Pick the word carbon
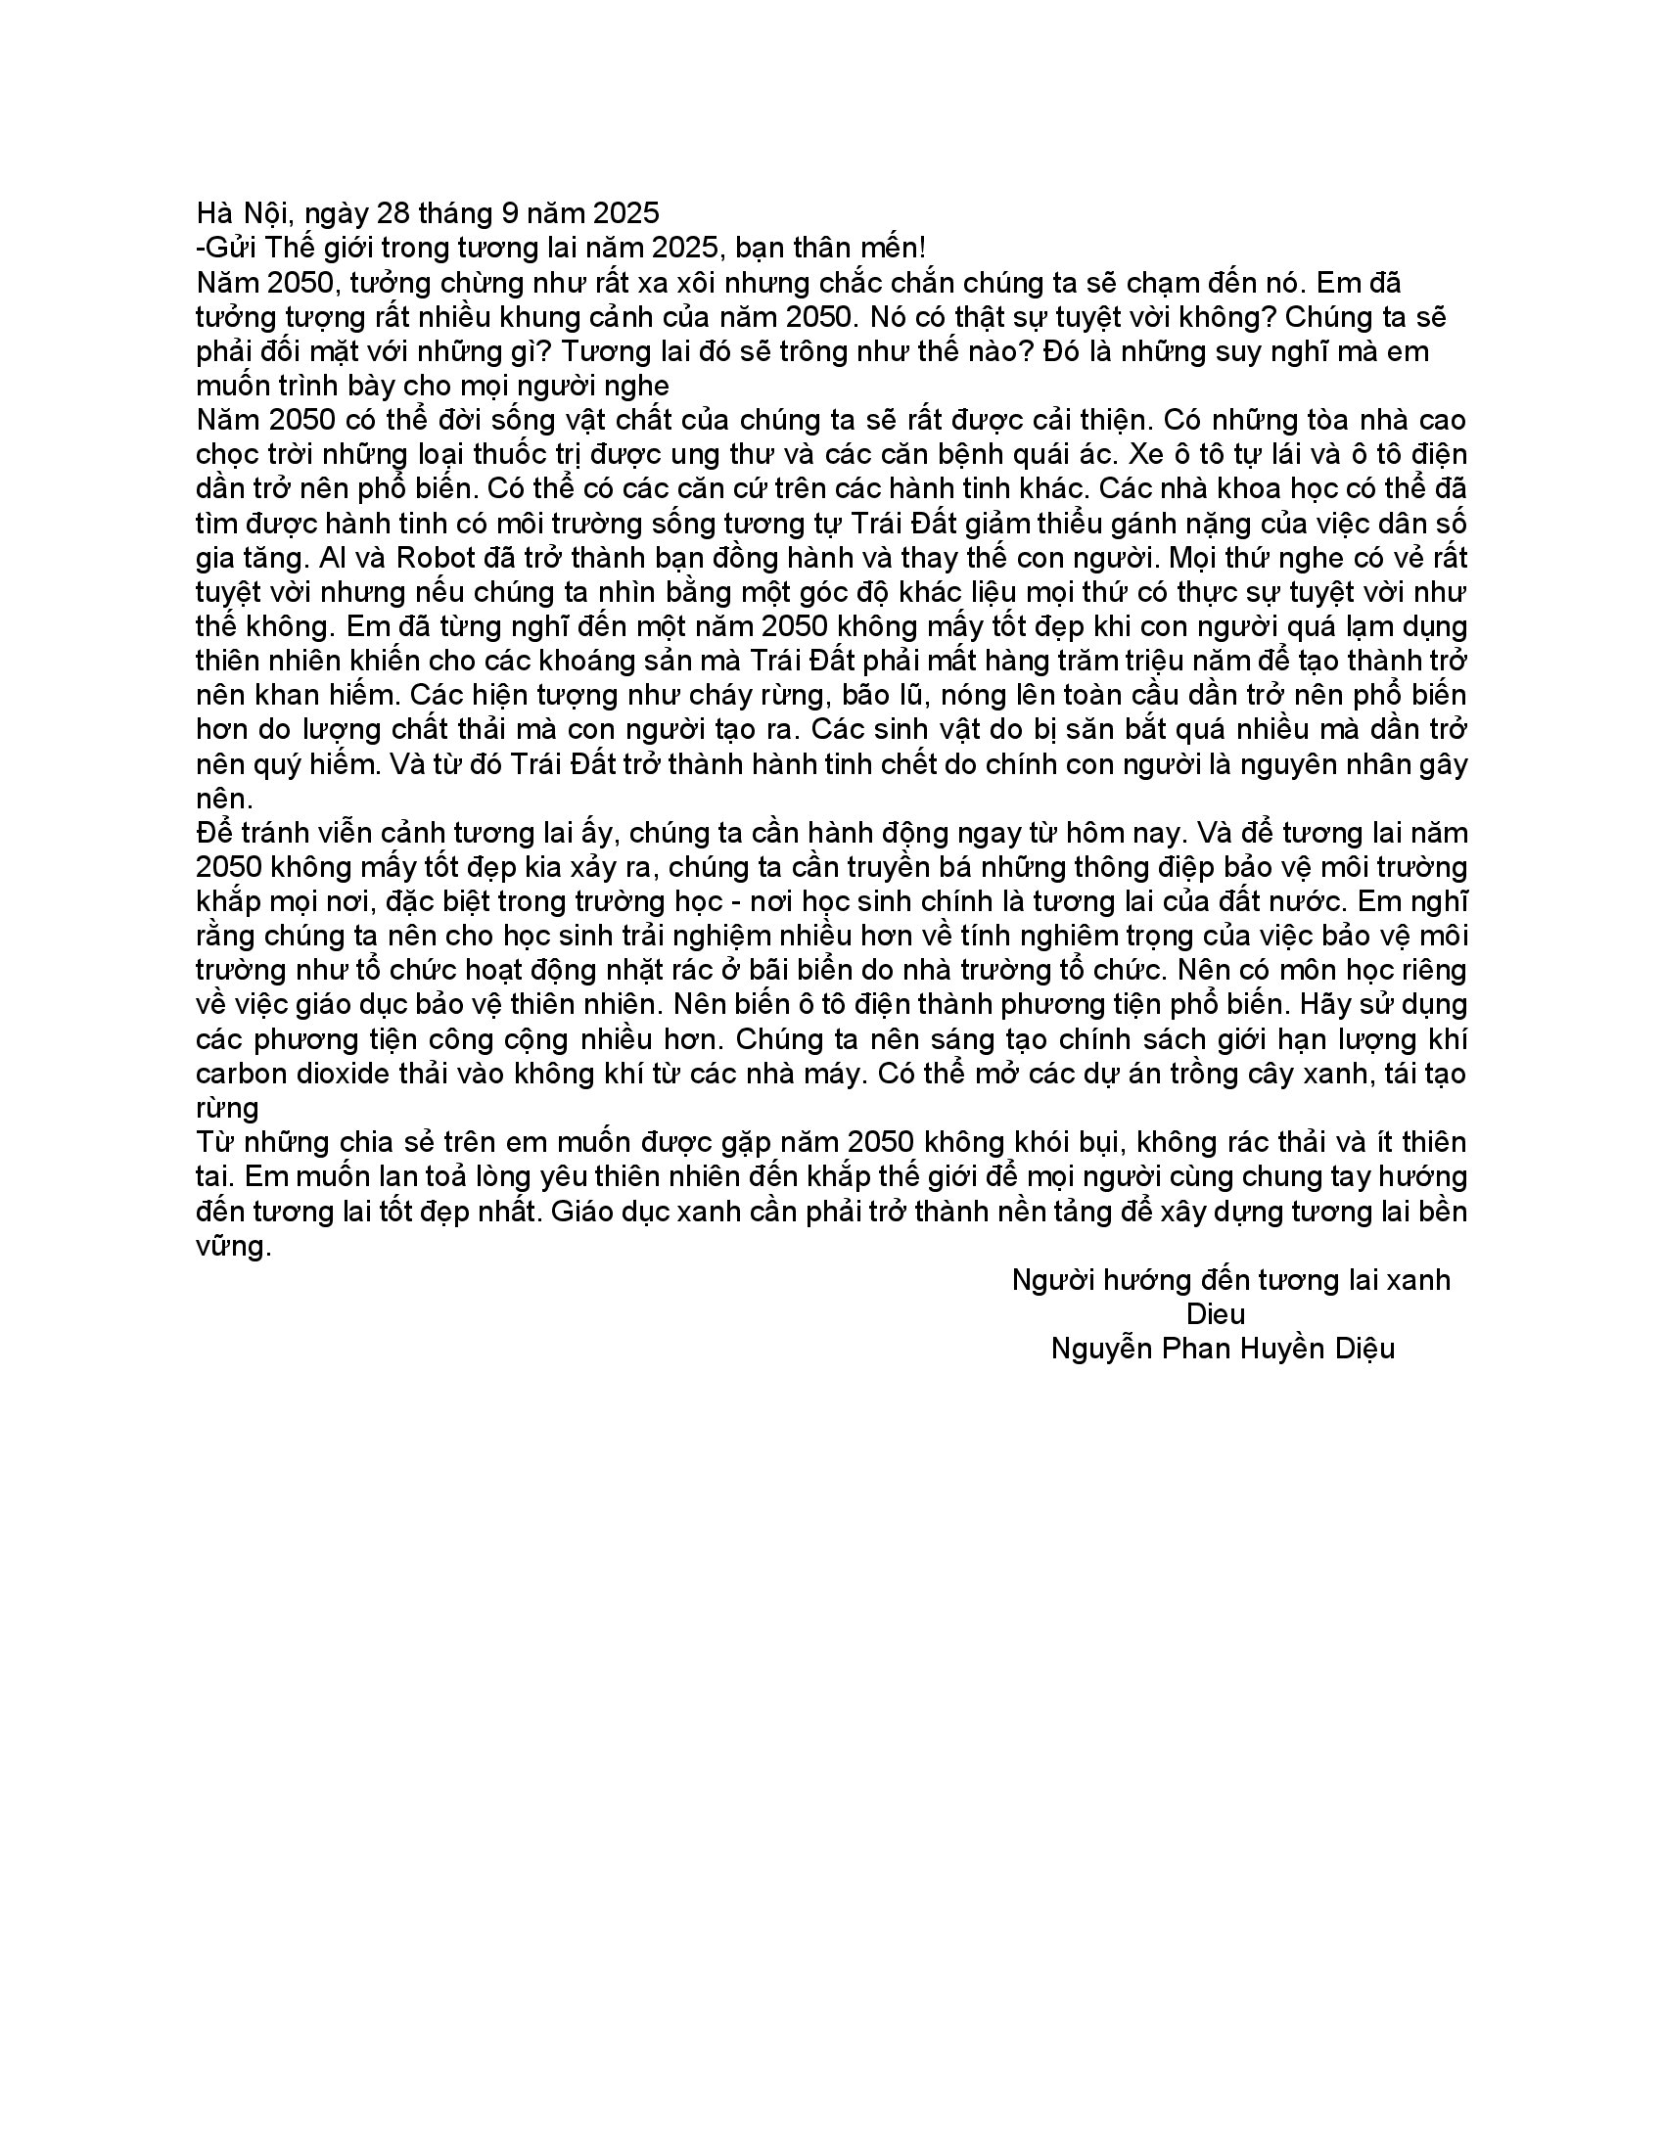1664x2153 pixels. (x=240, y=1073)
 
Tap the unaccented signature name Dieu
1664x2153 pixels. (x=1216, y=1313)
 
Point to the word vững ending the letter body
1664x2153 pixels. (x=233, y=1246)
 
